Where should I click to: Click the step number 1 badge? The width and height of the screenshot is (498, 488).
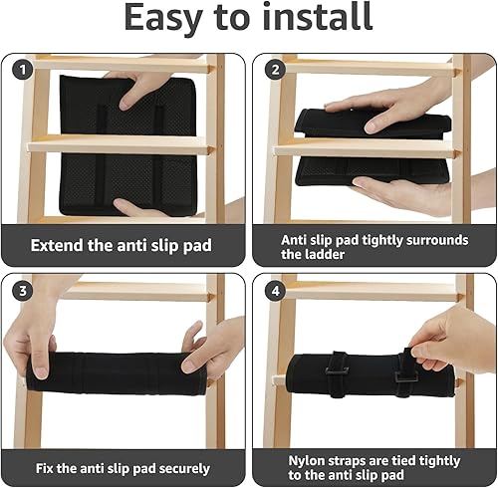point(23,70)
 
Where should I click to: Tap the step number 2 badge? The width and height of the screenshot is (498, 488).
point(276,70)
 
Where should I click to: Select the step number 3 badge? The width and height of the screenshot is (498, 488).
point(23,291)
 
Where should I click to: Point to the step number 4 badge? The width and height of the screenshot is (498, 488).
point(276,291)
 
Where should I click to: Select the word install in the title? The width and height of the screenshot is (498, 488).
point(318,17)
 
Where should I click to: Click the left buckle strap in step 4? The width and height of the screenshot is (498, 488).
point(337,373)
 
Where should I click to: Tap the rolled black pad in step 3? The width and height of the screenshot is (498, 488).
point(117,373)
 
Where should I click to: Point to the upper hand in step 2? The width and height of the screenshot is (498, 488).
point(388,107)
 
